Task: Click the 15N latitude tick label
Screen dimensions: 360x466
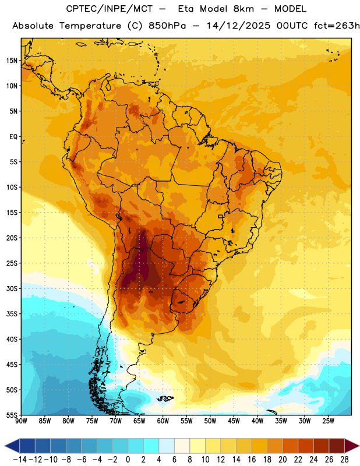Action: (x=12, y=61)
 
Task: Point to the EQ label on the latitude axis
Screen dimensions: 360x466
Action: (x=13, y=137)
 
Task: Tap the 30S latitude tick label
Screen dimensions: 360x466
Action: (x=12, y=288)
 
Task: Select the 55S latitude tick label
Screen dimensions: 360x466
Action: (x=12, y=415)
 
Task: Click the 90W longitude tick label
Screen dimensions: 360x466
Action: (x=21, y=421)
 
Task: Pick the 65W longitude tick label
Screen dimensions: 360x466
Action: (x=139, y=421)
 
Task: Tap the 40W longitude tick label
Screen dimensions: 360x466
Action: (x=257, y=421)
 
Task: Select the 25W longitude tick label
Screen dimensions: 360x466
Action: (x=328, y=421)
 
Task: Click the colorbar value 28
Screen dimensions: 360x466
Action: (x=344, y=460)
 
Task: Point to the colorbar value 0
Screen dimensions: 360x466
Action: (x=128, y=460)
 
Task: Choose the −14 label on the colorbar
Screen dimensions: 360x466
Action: (x=20, y=460)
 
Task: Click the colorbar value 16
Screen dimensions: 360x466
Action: (x=252, y=460)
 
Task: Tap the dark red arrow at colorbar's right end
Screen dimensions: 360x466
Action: (x=351, y=446)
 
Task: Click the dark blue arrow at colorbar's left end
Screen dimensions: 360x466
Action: (x=12, y=446)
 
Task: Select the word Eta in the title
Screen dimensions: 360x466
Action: (x=186, y=9)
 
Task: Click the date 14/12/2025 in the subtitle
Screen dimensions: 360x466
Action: (x=238, y=26)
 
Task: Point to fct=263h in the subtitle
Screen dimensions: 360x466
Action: (x=337, y=26)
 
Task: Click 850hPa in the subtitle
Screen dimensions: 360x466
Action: (x=167, y=26)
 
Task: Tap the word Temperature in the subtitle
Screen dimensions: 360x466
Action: (x=90, y=26)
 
